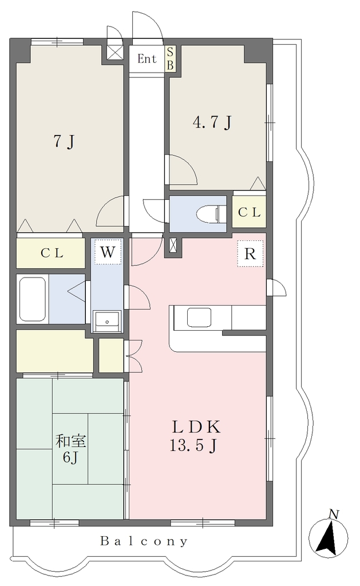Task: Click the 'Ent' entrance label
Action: pyautogui.click(x=147, y=59)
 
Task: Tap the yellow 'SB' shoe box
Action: pyautogui.click(x=170, y=59)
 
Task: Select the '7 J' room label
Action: pyautogui.click(x=65, y=141)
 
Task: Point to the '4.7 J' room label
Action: pyautogui.click(x=212, y=122)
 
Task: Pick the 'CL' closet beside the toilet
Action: pyautogui.click(x=250, y=212)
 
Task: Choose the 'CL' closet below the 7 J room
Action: pyautogui.click(x=51, y=253)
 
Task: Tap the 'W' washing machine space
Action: pyautogui.click(x=108, y=252)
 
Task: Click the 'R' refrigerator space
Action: pyautogui.click(x=250, y=254)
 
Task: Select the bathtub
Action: pyautogui.click(x=33, y=299)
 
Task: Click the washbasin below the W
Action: pyautogui.click(x=107, y=321)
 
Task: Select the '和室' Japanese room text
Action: pyautogui.click(x=71, y=441)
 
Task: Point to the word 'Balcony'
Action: pyautogui.click(x=144, y=541)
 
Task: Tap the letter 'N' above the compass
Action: pyautogui.click(x=333, y=514)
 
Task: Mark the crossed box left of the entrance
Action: pyautogui.click(x=115, y=52)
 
